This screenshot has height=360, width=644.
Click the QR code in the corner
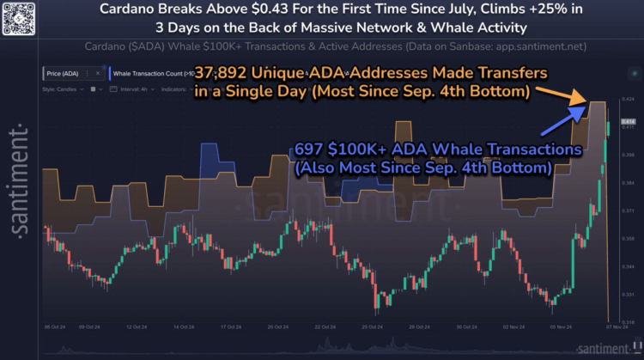click(x=20, y=19)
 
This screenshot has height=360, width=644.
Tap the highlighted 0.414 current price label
click(x=627, y=122)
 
